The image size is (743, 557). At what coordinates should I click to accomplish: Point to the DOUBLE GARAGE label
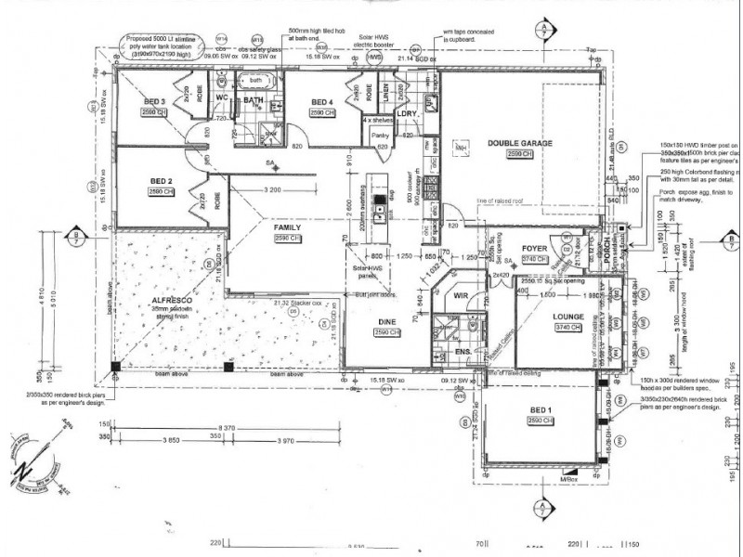(x=518, y=144)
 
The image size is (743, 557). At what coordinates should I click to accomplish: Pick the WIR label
(x=462, y=295)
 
